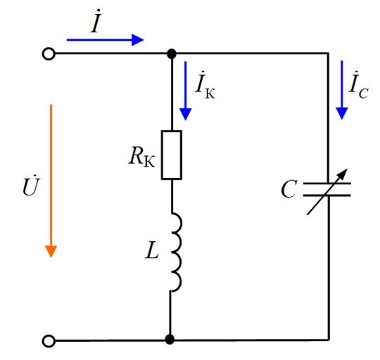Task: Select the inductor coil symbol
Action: (178, 252)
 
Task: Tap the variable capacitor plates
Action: (327, 189)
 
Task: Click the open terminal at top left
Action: (49, 53)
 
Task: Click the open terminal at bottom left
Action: (49, 341)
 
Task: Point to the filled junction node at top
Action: (172, 53)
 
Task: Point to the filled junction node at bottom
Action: (170, 340)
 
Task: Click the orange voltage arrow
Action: (51, 181)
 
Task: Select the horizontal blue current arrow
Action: (105, 40)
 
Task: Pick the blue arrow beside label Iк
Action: (185, 91)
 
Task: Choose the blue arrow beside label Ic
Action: (342, 90)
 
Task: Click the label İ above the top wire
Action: (96, 21)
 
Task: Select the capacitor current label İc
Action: (359, 85)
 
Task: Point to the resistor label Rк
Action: (141, 157)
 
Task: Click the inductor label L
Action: (152, 250)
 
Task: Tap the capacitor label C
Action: (289, 189)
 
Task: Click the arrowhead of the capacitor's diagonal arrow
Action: (343, 173)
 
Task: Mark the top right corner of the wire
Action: (329, 53)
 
